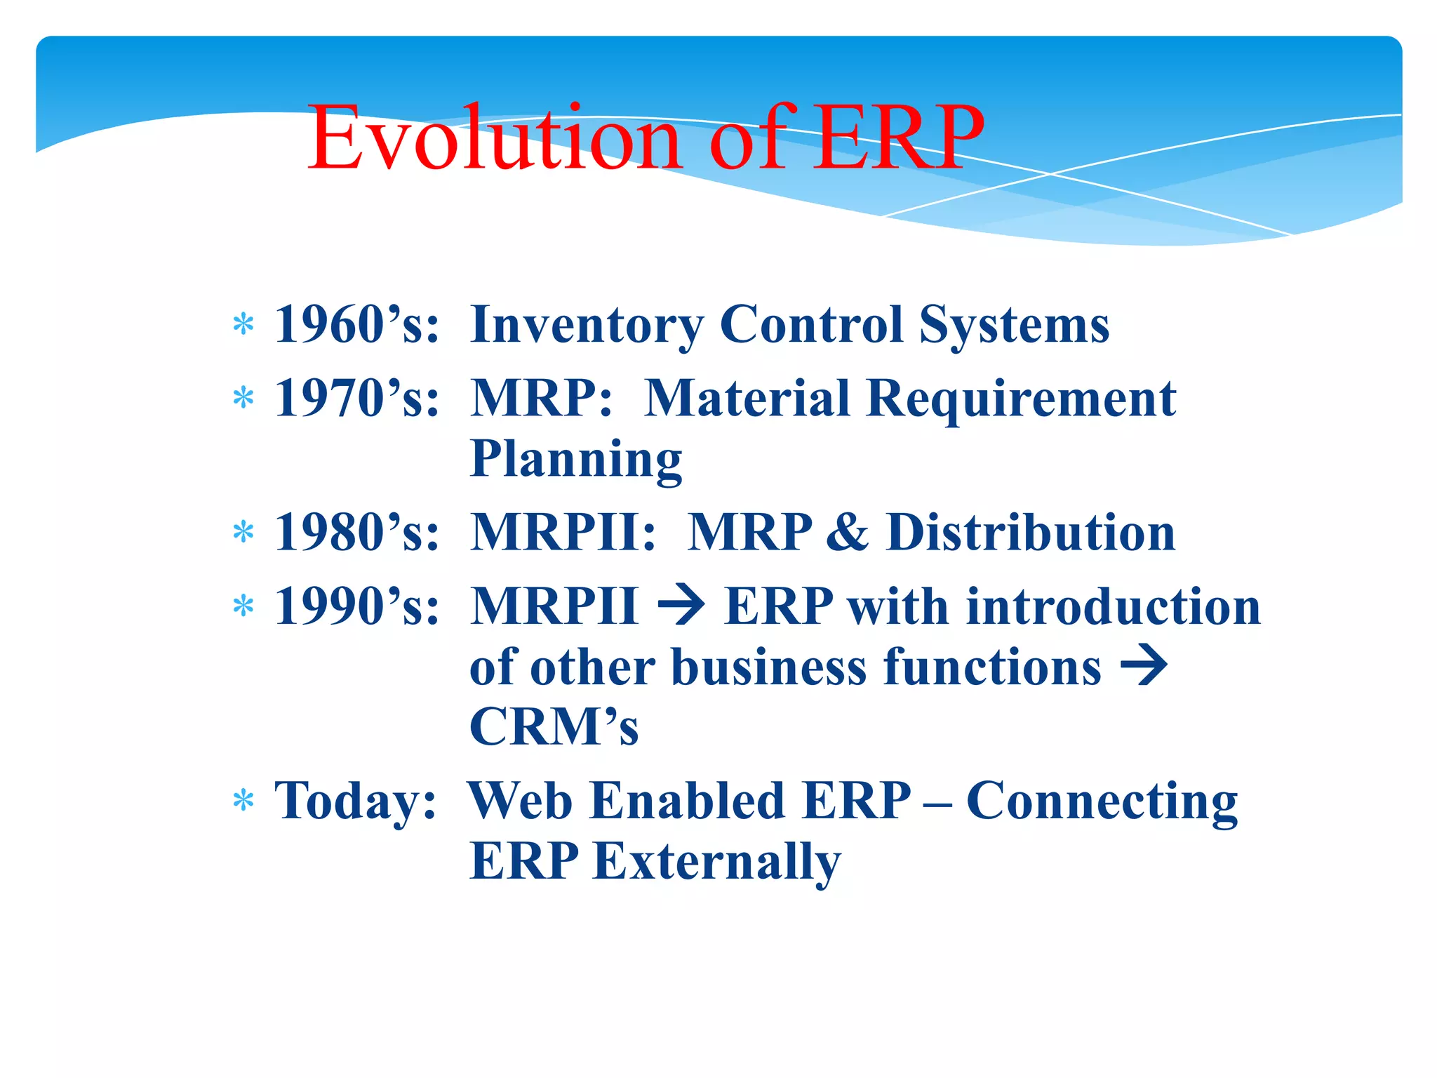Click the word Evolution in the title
click(495, 138)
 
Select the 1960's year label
click(356, 325)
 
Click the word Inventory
click(587, 325)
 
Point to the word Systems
click(1014, 325)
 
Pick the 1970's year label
click(356, 399)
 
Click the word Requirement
click(1021, 399)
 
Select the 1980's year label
click(356, 533)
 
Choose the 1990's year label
click(356, 606)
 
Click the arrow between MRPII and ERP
click(681, 606)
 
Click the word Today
click(355, 801)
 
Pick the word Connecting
click(1102, 801)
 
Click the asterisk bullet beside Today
click(243, 800)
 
